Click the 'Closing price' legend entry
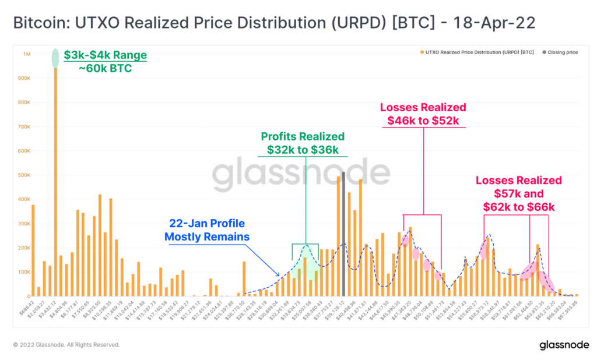click(562, 52)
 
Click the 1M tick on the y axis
click(26, 54)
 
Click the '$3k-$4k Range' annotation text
click(105, 55)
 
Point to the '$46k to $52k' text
click(423, 121)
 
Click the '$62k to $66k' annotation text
click(519, 207)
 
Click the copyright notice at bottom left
click(66, 345)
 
